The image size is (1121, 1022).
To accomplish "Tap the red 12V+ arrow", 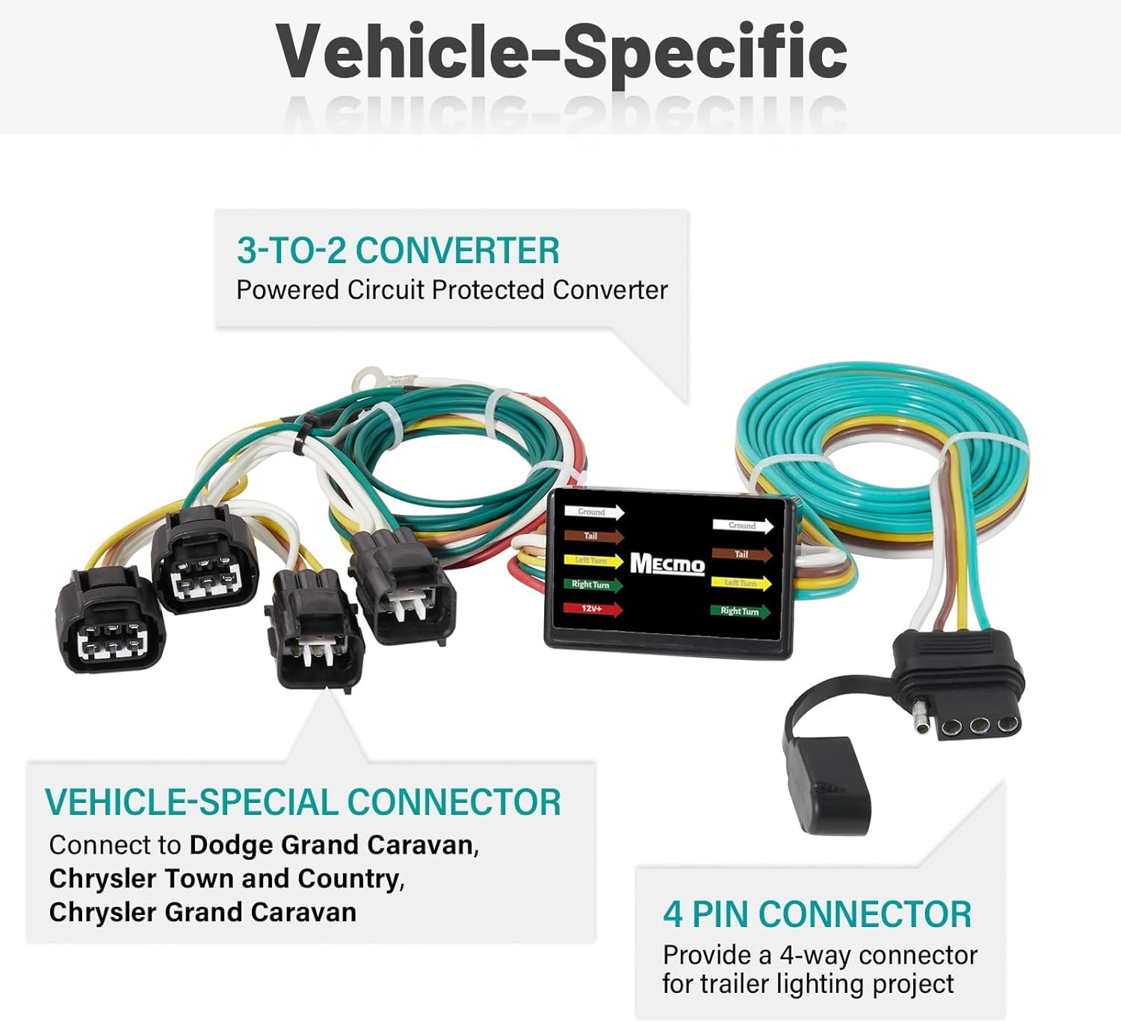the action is tap(593, 609).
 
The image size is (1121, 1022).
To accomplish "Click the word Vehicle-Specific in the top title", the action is tap(560, 51).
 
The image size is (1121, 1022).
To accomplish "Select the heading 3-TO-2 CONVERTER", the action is tap(398, 251).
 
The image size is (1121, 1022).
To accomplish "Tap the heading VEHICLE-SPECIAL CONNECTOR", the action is tap(303, 802).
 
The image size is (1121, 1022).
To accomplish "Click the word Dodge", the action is tap(232, 845).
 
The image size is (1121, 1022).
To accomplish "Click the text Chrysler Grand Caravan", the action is tap(203, 912).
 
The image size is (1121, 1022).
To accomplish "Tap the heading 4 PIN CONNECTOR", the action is tap(817, 914).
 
